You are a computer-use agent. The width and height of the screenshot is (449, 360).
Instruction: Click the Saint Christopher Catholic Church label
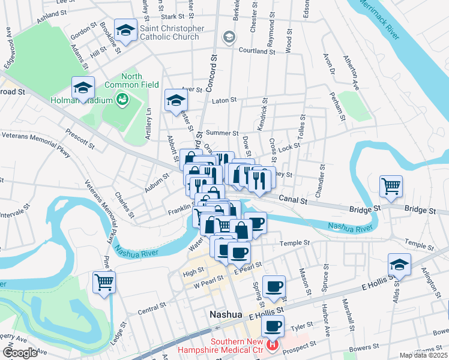[x=172, y=32]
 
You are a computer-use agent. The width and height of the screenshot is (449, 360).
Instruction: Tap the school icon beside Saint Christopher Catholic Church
[x=126, y=30]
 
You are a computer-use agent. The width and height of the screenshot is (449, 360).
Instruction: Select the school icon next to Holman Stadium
[x=83, y=88]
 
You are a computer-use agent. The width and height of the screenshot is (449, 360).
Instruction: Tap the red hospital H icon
[x=273, y=345]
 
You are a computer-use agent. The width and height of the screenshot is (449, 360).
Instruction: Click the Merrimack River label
[x=379, y=19]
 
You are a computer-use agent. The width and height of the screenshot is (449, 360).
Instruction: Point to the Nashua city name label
[x=225, y=314]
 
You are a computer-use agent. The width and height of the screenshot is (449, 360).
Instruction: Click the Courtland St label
[x=257, y=52]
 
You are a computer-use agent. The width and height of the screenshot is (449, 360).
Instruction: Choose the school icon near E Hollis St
[x=399, y=264]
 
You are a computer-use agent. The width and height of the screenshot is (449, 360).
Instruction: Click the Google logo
[x=20, y=353]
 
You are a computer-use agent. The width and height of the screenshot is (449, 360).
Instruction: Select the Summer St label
[x=222, y=133]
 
